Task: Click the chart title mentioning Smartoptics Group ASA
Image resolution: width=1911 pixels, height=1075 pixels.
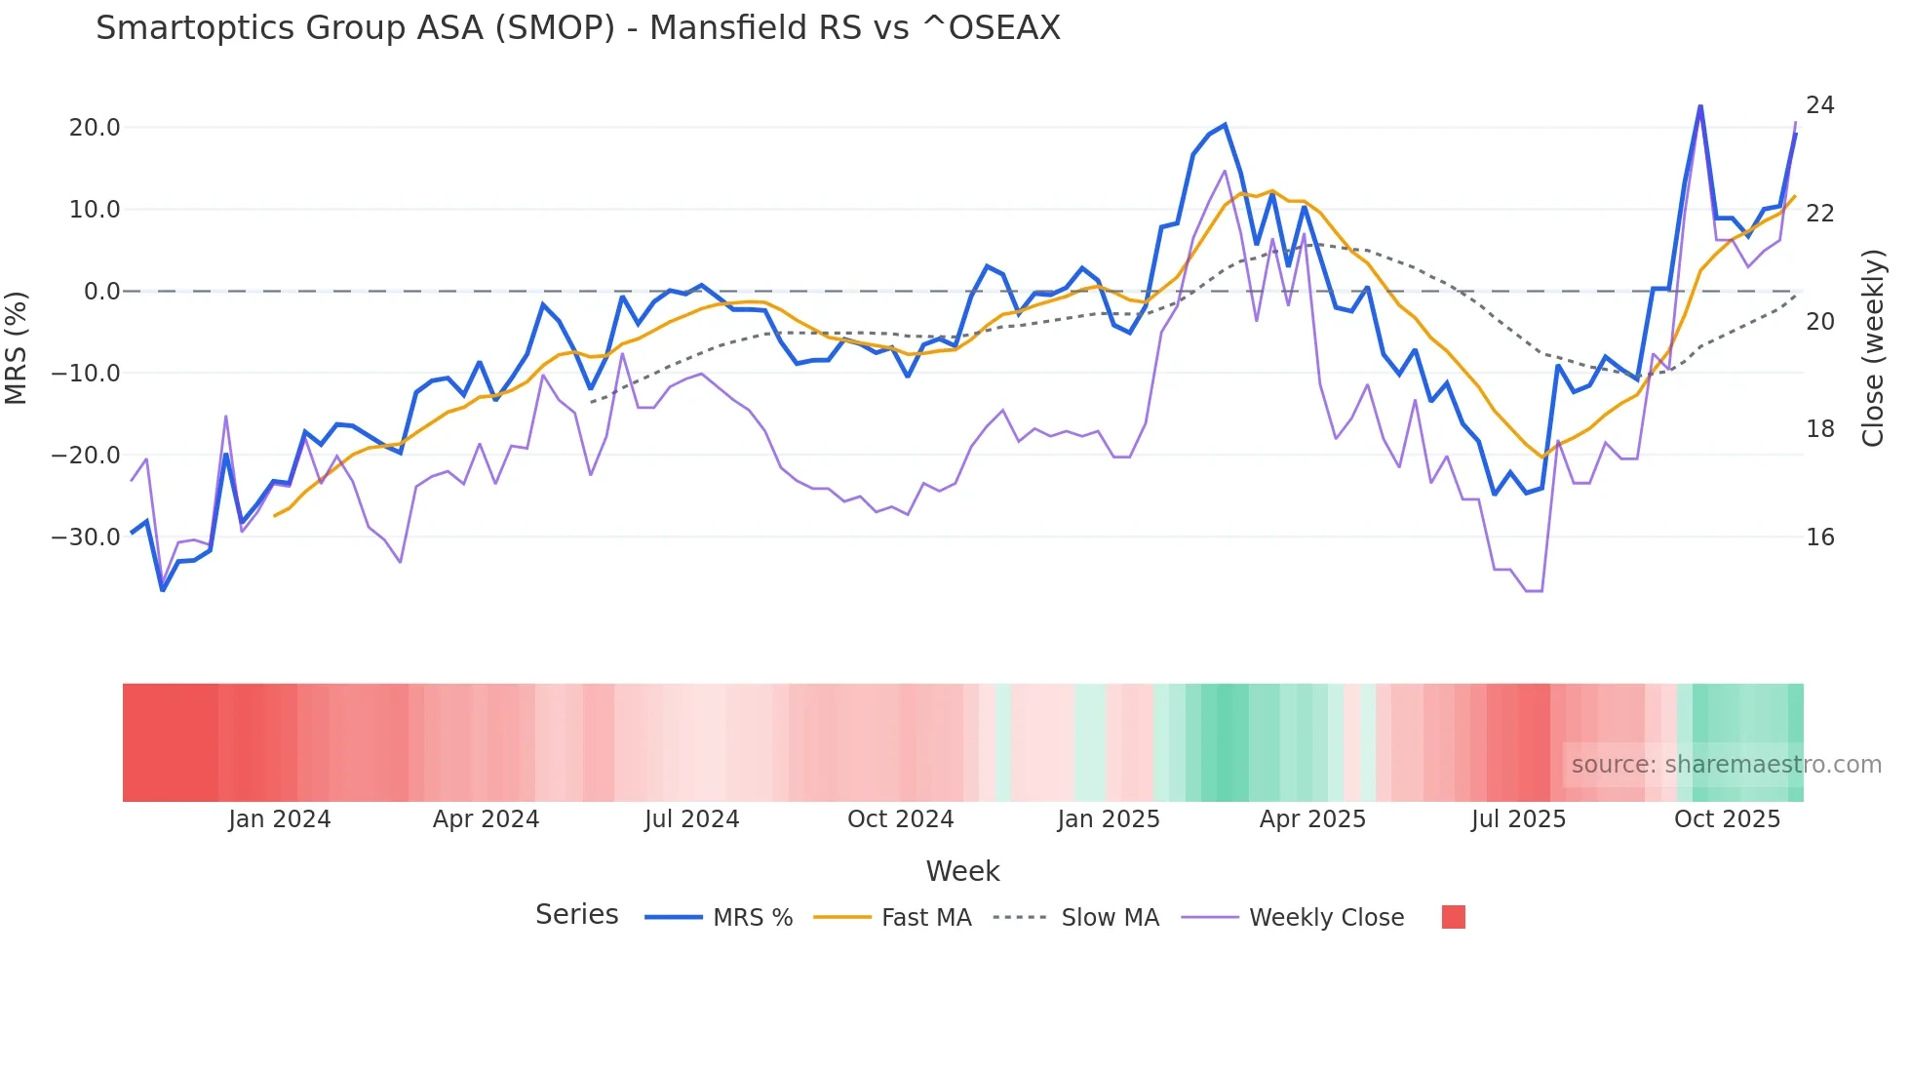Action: pos(577,28)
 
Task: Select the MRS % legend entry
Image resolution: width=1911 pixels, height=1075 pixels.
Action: pos(752,918)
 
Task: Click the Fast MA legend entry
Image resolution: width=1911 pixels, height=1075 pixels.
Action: pos(925,918)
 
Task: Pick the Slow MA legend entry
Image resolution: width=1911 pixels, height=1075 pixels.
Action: pos(1110,918)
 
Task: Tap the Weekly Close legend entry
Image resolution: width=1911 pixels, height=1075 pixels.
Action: pos(1326,918)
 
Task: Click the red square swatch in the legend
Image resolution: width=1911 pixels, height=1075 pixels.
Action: pos(1453,917)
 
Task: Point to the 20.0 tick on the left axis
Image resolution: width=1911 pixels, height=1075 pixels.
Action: pos(95,128)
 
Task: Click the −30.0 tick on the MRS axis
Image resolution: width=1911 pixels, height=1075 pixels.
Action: pos(86,537)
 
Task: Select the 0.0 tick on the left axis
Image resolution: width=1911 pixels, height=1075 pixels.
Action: pos(102,292)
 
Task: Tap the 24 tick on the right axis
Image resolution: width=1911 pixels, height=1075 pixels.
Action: pos(1819,105)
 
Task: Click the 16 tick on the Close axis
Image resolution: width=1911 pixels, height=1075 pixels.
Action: pos(1819,537)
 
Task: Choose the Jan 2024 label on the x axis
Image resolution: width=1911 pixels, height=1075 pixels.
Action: pos(280,819)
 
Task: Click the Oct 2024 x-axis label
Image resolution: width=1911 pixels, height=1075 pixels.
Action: pos(900,819)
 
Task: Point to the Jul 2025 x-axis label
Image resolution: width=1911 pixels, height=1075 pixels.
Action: pos(1518,819)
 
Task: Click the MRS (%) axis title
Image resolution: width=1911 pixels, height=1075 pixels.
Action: pos(17,347)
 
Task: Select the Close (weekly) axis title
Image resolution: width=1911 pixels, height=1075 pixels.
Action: pos(1872,348)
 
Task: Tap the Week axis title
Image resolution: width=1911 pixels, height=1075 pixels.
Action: pos(962,871)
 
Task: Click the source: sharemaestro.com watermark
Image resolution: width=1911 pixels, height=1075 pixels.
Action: pos(1726,765)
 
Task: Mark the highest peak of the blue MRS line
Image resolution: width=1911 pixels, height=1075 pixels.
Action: pos(1700,106)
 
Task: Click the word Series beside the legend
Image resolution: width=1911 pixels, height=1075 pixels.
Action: pos(576,915)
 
